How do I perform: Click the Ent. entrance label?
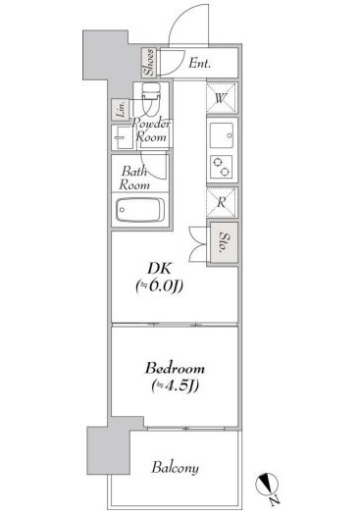pyautogui.click(x=199, y=64)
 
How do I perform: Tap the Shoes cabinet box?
pyautogui.click(x=149, y=63)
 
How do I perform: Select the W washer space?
pyautogui.click(x=221, y=98)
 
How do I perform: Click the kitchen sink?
pyautogui.click(x=221, y=133)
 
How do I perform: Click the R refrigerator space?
pyautogui.click(x=222, y=202)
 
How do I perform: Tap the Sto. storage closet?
pyautogui.click(x=224, y=240)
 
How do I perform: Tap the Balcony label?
pyautogui.click(x=175, y=468)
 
